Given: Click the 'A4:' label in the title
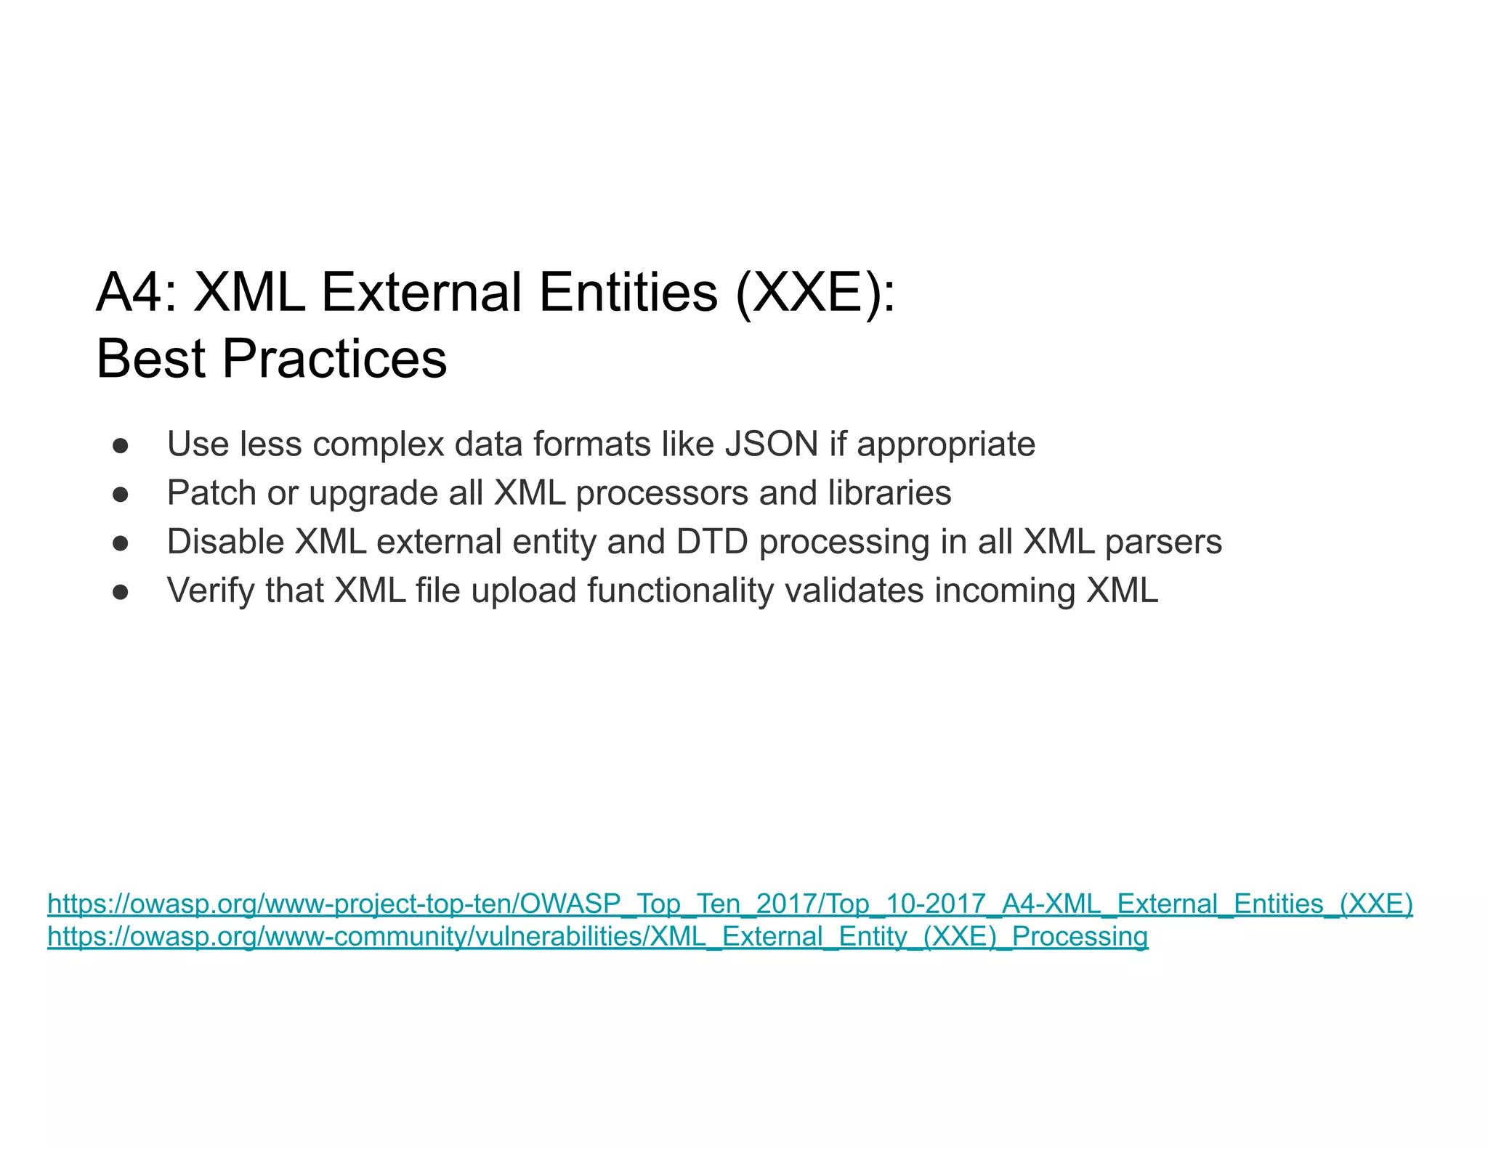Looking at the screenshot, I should coord(136,293).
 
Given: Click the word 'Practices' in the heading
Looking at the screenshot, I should coord(334,359).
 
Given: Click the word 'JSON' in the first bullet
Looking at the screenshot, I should coord(772,444).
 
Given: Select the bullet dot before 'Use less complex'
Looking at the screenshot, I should coord(121,445).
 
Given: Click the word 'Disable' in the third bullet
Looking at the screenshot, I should coord(225,542).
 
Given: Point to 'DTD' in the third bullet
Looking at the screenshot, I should coord(712,542).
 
